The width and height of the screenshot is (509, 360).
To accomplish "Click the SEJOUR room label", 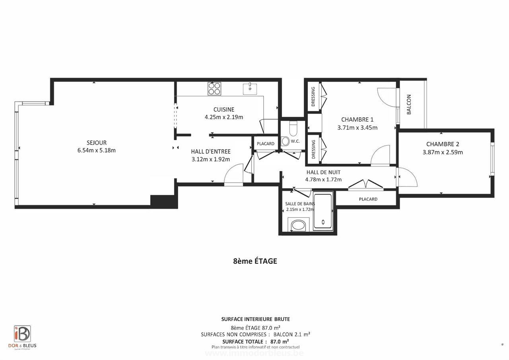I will pos(97,143).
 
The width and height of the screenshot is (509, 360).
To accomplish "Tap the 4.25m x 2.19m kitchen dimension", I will pos(223,117).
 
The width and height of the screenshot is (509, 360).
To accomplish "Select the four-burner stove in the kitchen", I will pos(214,88).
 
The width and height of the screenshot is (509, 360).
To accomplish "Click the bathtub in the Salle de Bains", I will pos(323,211).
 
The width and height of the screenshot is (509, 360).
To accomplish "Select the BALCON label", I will pos(409,104).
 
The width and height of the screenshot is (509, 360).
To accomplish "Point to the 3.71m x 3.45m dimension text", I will pos(357,128).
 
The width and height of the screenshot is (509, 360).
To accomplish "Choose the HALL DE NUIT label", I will pos(323,172).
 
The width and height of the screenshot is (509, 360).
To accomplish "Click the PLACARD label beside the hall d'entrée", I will pos(265,144).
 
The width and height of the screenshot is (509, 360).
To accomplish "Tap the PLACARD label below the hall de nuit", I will pos(368,199).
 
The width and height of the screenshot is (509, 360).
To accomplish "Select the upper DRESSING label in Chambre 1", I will pos(313,97).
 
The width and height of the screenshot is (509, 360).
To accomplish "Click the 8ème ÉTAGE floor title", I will pos(255,261).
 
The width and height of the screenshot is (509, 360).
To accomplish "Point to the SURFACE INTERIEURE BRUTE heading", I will pos(255,319).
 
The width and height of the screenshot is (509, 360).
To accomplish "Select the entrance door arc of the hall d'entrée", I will pos(233,175).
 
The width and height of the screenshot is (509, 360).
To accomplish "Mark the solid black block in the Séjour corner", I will pos(163,201).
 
